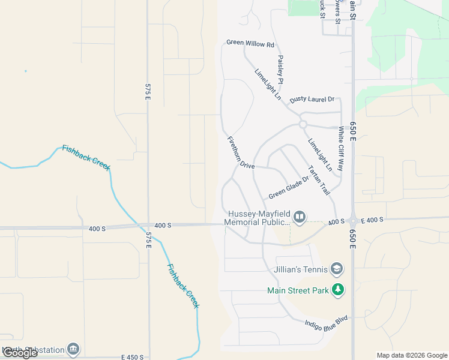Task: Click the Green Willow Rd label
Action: tap(250, 44)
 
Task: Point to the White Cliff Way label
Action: tap(341, 149)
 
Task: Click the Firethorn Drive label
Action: tap(241, 152)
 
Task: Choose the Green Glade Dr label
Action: tap(288, 187)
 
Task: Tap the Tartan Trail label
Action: tap(319, 180)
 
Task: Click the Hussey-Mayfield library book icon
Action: tap(300, 217)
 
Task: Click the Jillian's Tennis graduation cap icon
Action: tap(337, 268)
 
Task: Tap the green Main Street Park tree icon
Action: tap(339, 290)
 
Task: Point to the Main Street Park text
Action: tap(298, 291)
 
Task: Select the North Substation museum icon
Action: tap(73, 349)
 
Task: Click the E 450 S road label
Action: tap(132, 357)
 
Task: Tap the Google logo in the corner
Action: tap(19, 353)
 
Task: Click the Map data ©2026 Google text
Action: tap(412, 355)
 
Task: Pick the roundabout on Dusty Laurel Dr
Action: tap(303, 124)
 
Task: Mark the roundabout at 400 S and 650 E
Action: tap(353, 221)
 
